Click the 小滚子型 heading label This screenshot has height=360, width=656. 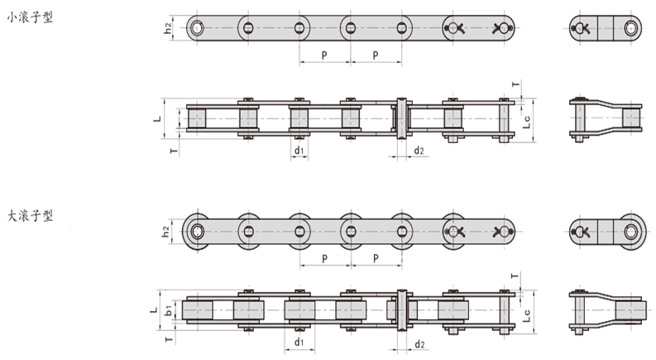(30, 17)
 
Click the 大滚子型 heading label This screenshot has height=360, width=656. (30, 216)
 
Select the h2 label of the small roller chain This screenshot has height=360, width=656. (168, 28)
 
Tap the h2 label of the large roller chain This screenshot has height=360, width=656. (166, 232)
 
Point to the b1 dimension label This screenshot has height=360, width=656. (168, 310)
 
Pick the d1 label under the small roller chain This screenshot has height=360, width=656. (299, 151)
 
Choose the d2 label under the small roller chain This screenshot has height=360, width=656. (419, 151)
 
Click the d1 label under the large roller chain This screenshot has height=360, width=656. (299, 342)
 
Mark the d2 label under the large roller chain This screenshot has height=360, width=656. (419, 344)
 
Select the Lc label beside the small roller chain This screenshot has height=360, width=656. (527, 122)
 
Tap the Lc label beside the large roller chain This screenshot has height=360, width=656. (527, 315)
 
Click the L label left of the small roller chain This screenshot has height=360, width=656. (157, 119)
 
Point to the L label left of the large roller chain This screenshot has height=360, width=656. (154, 310)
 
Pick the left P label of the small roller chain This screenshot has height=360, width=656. (324, 55)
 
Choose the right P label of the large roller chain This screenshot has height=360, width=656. (376, 258)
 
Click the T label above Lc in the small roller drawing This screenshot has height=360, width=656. (516, 84)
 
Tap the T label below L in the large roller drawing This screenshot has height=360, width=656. (169, 339)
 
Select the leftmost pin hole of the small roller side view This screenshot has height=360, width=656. (196, 28)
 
